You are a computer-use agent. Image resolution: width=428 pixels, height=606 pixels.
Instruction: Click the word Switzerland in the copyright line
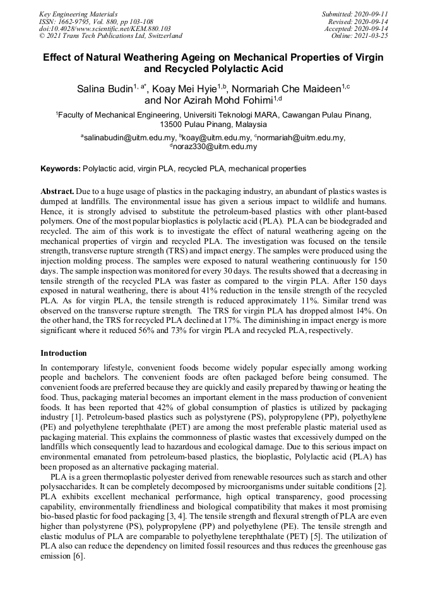click(162, 36)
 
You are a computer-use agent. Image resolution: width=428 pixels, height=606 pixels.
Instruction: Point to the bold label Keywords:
click(61, 169)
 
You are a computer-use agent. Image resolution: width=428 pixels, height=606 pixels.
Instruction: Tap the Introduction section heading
click(64, 353)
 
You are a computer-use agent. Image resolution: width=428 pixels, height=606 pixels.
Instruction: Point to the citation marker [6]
click(78, 556)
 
